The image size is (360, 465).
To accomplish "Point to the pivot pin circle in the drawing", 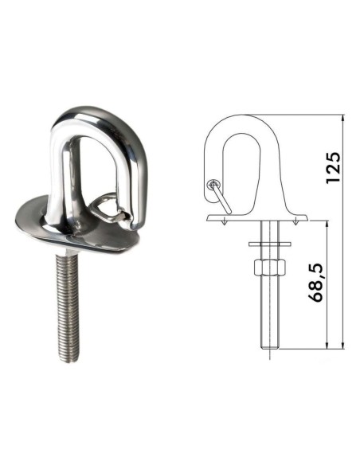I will tap(213, 185).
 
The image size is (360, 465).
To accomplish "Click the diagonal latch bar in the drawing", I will tap(221, 197).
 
